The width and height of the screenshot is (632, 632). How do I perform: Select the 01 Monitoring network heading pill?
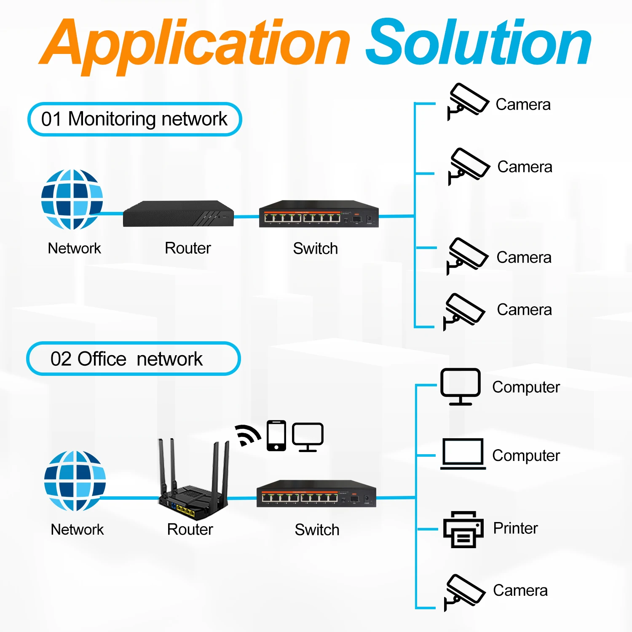(x=134, y=119)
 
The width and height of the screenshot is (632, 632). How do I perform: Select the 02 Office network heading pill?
(x=133, y=359)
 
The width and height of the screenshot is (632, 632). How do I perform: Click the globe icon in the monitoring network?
(x=72, y=199)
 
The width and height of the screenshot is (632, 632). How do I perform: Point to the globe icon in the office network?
(x=75, y=481)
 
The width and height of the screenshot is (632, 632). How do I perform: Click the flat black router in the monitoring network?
(x=178, y=214)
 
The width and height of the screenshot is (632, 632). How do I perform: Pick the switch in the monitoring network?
(x=319, y=214)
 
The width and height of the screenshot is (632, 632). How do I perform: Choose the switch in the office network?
(x=316, y=493)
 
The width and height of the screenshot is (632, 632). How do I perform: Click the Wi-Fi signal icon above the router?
(x=248, y=435)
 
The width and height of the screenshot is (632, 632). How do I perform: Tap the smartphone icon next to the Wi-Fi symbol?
(x=276, y=436)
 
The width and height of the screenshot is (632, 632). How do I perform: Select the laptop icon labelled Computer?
(x=463, y=454)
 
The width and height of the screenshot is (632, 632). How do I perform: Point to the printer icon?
(x=463, y=529)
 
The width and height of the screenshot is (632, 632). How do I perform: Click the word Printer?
(x=515, y=528)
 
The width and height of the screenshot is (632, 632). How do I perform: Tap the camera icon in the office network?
(x=465, y=592)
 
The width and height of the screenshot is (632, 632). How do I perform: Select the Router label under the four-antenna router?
(x=190, y=529)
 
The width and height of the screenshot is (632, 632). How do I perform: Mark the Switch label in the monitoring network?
(x=316, y=249)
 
